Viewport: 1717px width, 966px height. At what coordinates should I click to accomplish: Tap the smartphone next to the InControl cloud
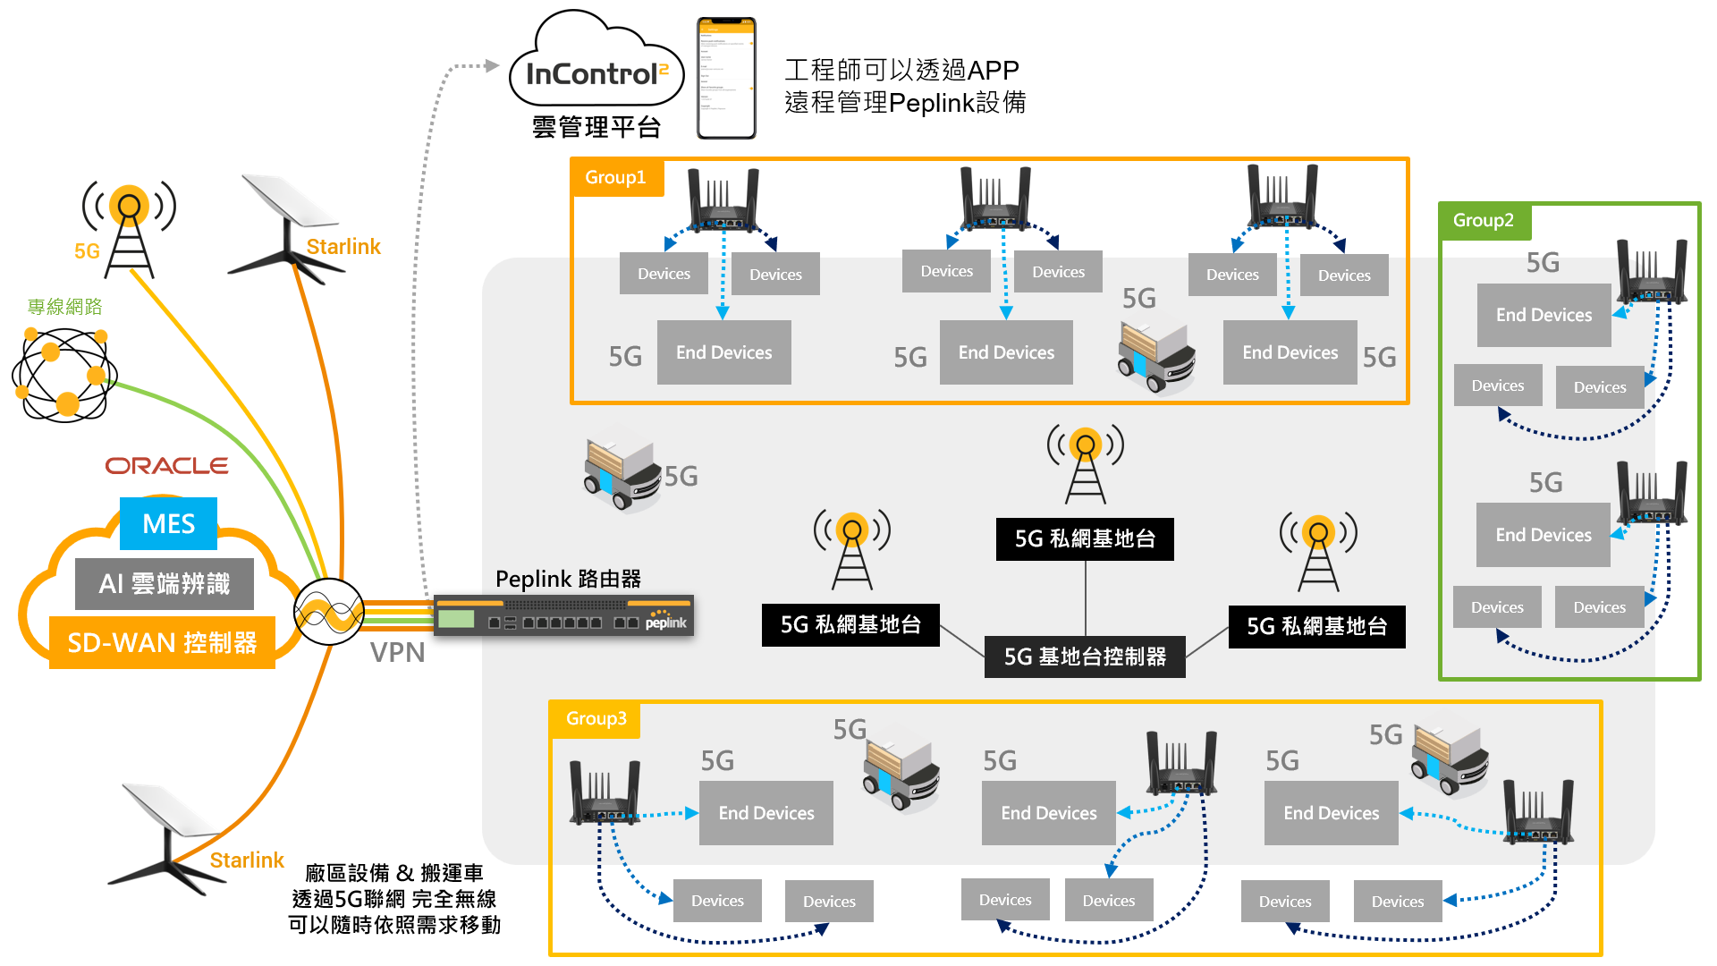[x=726, y=79]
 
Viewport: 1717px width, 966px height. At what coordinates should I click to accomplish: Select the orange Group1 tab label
[x=616, y=177]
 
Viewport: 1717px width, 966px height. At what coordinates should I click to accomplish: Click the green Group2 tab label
[x=1484, y=220]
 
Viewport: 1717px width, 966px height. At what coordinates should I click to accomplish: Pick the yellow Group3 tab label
[x=596, y=718]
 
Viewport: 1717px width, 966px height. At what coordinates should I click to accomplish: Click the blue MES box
[x=168, y=523]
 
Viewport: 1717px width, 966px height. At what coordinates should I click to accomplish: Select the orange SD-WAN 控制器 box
[x=162, y=642]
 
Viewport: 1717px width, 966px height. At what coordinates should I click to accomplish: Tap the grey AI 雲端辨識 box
[x=165, y=583]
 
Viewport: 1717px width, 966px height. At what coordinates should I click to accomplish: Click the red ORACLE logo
[x=166, y=466]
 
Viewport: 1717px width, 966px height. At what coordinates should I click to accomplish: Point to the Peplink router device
[x=563, y=616]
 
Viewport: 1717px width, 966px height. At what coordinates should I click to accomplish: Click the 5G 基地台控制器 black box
[x=1085, y=657]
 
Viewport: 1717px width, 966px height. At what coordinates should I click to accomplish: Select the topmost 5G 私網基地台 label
[x=1085, y=538]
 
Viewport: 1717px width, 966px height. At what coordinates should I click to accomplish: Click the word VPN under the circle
[x=398, y=652]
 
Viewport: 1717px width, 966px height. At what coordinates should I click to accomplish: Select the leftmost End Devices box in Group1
[x=723, y=352]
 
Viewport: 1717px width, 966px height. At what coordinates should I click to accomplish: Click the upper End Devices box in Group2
[x=1544, y=315]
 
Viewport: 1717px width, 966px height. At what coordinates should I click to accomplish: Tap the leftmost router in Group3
[x=605, y=792]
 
